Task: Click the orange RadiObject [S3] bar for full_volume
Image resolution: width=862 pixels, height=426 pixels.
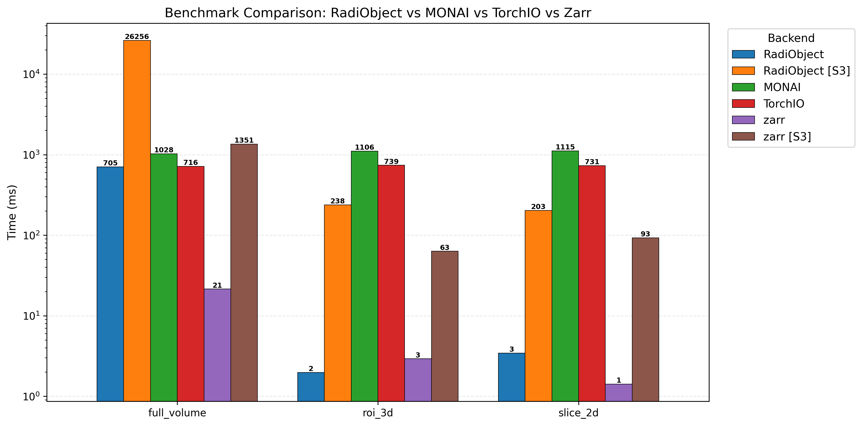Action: tap(137, 221)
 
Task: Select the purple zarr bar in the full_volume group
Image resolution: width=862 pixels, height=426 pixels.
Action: tap(217, 344)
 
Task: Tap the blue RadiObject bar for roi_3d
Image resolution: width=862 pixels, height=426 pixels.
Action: tap(311, 387)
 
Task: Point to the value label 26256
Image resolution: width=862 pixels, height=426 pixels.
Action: tap(137, 36)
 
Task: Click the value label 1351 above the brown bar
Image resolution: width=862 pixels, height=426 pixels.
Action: tap(244, 140)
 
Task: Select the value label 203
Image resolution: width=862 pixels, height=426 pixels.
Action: tap(538, 207)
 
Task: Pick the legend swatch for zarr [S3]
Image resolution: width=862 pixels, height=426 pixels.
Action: tap(743, 136)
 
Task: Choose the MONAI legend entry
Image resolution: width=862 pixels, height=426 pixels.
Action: tap(782, 87)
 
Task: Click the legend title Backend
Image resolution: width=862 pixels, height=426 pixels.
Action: tap(791, 38)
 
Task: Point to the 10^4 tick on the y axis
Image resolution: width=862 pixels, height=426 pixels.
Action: tap(31, 74)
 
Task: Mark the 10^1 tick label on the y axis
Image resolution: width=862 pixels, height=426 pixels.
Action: tap(31, 316)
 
